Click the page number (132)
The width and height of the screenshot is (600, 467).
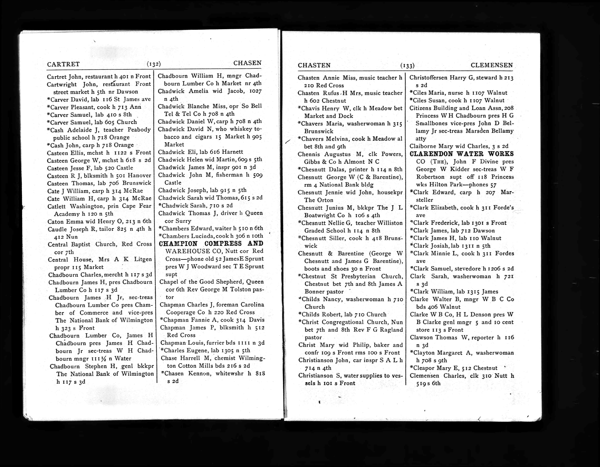[x=154, y=64]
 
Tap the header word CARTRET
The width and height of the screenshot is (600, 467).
[x=63, y=64]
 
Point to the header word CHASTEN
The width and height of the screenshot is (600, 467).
[x=314, y=65]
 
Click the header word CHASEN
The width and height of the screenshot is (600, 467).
[x=247, y=63]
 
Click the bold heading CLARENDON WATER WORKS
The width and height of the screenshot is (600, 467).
[x=461, y=154]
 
